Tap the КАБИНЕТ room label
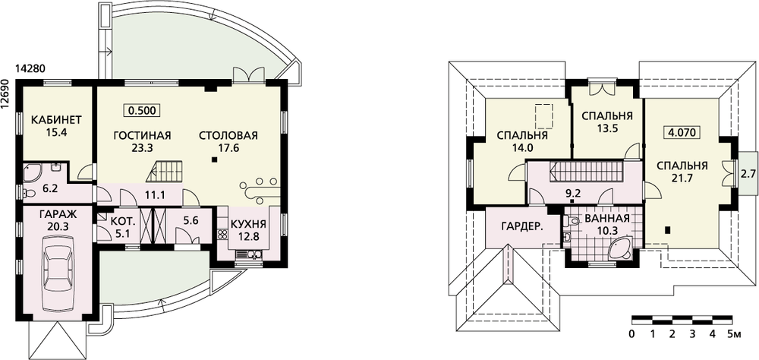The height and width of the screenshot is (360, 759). (56, 120)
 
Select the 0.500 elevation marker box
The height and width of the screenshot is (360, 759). (143, 110)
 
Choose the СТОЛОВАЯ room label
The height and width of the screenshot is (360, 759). (228, 135)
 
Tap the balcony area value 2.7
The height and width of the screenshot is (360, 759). (748, 173)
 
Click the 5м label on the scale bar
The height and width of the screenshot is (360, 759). (735, 333)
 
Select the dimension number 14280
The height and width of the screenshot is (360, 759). (30, 69)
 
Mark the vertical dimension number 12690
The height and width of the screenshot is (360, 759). (5, 95)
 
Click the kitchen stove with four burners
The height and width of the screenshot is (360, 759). (223, 235)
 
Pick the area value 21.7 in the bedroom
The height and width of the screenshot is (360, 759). (682, 178)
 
